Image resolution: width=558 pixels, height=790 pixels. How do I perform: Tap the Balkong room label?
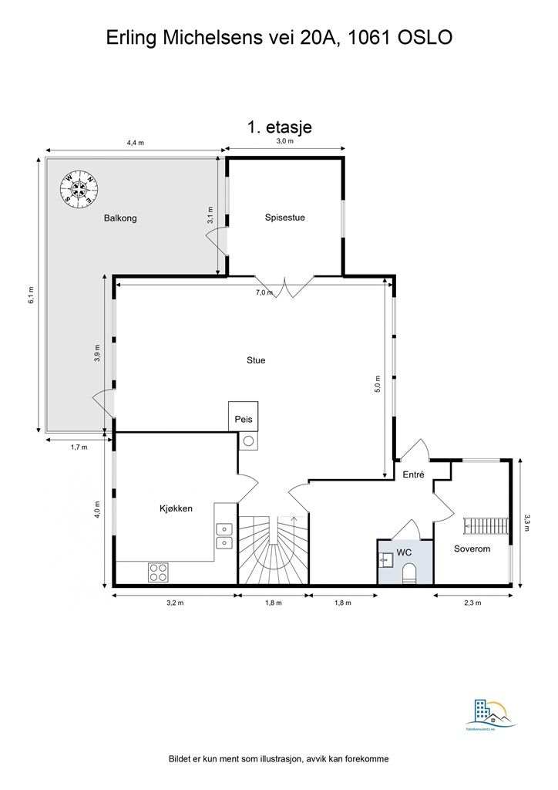pyautogui.click(x=120, y=218)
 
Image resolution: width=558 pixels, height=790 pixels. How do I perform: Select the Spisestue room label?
pyautogui.click(x=284, y=218)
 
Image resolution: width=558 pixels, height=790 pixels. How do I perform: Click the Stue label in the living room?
pyautogui.click(x=256, y=360)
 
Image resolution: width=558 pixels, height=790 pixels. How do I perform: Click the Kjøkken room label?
pyautogui.click(x=176, y=508)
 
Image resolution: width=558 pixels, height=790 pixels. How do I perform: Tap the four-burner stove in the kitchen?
pyautogui.click(x=158, y=572)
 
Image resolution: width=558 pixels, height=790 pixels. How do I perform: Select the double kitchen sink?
pyautogui.click(x=224, y=535)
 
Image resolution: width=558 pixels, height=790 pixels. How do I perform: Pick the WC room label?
pyautogui.click(x=405, y=552)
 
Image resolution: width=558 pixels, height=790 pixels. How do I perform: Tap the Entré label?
pyautogui.click(x=414, y=475)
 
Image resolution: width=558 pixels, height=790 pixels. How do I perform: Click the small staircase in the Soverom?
pyautogui.click(x=484, y=526)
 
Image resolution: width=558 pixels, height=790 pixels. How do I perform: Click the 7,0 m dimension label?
pyautogui.click(x=264, y=292)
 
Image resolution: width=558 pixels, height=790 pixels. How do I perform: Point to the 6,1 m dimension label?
pyautogui.click(x=32, y=295)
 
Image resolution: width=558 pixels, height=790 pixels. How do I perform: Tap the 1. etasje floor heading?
pyautogui.click(x=279, y=127)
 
